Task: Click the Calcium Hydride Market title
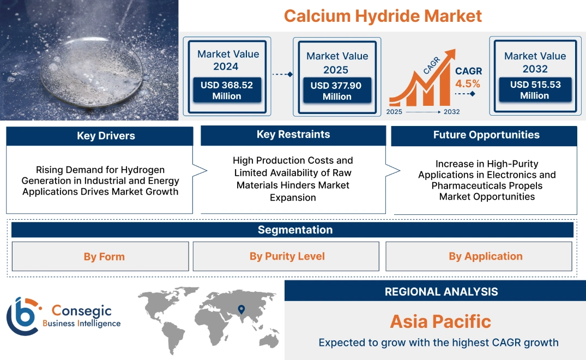coord(383,15)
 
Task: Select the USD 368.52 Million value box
coord(226,90)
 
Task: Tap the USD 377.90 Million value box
coord(337,91)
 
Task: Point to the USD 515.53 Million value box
coord(534,89)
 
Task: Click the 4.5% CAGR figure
coord(468,83)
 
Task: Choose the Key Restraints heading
coord(293,135)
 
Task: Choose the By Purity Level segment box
coord(287,256)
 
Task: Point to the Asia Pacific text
coord(440,321)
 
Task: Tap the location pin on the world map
coord(241,310)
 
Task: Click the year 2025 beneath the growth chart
coord(395,112)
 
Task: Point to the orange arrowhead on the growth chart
coord(450,55)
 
